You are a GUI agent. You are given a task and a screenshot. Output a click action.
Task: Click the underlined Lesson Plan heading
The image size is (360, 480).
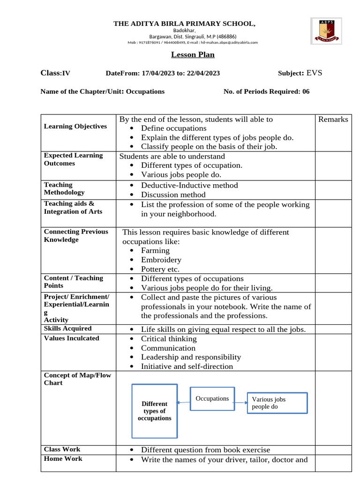[193, 55]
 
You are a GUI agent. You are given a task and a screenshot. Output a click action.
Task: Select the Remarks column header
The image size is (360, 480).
[333, 119]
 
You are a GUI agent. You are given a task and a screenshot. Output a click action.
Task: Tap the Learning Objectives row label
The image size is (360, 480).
[75, 127]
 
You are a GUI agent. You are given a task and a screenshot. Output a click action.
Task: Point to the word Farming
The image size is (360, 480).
[155, 250]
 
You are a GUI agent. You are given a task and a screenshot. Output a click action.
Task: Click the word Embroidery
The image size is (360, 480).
[161, 260]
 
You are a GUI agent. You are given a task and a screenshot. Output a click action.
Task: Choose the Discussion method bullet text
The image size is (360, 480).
[173, 195]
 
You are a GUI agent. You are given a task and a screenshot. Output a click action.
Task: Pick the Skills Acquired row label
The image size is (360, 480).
[67, 329]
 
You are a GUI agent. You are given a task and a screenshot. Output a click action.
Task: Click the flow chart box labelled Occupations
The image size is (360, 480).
[212, 398]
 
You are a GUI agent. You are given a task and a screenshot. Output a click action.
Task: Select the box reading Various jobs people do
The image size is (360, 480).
[277, 403]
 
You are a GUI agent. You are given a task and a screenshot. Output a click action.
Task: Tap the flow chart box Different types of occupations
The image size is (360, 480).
[154, 411]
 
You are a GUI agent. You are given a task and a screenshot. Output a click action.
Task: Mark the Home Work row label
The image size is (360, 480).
[63, 459]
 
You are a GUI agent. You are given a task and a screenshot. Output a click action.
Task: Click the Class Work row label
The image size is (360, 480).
[62, 450]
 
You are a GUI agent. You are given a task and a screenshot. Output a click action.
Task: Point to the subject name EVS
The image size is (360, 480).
[314, 73]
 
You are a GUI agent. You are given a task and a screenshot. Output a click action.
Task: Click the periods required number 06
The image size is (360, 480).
[306, 91]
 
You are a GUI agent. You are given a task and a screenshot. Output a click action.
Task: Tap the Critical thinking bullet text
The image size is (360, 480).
[169, 338]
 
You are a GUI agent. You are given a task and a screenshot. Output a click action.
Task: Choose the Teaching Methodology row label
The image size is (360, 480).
[64, 188]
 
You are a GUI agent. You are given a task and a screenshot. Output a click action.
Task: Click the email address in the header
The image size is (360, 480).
[229, 42]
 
